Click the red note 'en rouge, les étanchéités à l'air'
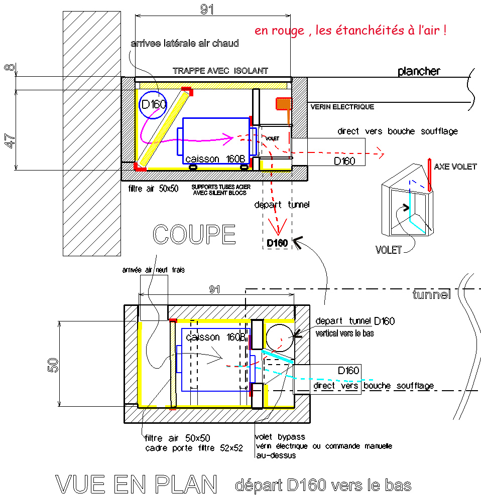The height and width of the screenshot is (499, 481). [350, 31]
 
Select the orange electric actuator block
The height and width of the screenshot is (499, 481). [283, 104]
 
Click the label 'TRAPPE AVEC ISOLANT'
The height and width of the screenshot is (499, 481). [220, 71]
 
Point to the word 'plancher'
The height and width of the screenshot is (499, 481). [419, 71]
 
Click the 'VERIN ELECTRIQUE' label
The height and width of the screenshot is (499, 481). [342, 107]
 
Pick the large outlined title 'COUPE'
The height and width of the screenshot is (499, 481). [194, 235]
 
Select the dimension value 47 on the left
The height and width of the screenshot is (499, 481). [10, 140]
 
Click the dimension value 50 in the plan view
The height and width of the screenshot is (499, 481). [53, 365]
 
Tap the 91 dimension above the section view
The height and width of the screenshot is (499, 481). [207, 9]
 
